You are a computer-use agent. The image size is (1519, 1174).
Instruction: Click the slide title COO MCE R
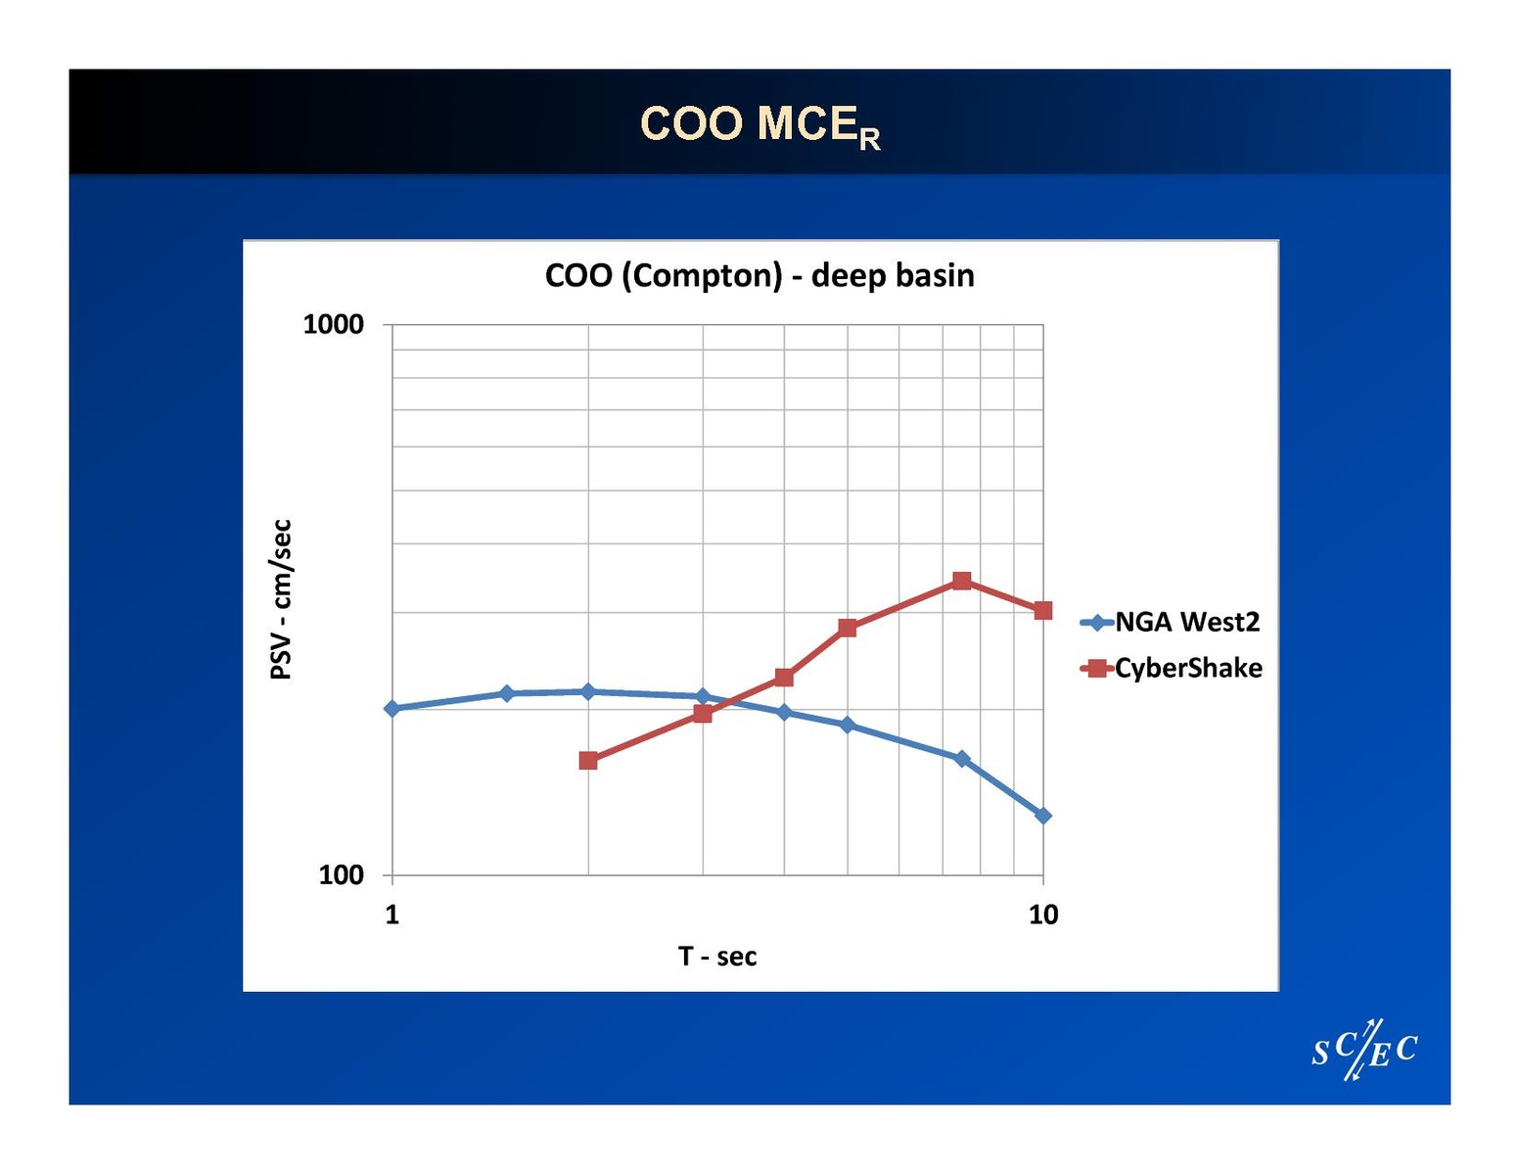pos(759,125)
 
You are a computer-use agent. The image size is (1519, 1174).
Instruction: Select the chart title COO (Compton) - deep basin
pos(759,275)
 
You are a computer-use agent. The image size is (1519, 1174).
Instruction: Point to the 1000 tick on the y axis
pos(333,324)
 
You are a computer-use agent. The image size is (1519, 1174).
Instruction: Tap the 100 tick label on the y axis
pos(341,874)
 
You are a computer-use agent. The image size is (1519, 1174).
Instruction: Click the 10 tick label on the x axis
pos(1043,915)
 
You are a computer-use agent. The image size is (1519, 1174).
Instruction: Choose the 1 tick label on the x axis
pos(391,915)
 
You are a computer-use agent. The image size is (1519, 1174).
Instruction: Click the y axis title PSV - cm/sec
pos(281,599)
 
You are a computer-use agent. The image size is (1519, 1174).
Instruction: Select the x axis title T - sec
pos(717,956)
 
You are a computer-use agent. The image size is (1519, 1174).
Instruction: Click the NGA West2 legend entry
pos(1171,622)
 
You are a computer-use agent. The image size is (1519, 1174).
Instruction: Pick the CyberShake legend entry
pos(1172,668)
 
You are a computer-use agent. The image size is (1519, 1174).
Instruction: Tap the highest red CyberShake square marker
pos(961,581)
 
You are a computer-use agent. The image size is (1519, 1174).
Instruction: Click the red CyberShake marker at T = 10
pos(1043,610)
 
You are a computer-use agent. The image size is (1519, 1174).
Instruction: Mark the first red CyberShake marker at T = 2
pos(588,760)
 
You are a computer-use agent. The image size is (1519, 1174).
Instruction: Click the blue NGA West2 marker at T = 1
pos(391,708)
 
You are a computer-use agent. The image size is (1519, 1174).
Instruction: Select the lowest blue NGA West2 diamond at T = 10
pos(1043,815)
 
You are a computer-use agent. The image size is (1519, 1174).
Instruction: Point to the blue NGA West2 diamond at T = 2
pos(588,691)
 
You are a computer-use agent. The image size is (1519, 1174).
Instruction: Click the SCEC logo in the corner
pos(1364,1051)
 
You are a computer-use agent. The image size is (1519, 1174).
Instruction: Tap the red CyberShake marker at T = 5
pos(848,628)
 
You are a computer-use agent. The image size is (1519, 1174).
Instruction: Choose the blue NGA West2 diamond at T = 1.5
pos(506,693)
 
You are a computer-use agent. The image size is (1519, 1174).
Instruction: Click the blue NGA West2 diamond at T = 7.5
pos(961,758)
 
